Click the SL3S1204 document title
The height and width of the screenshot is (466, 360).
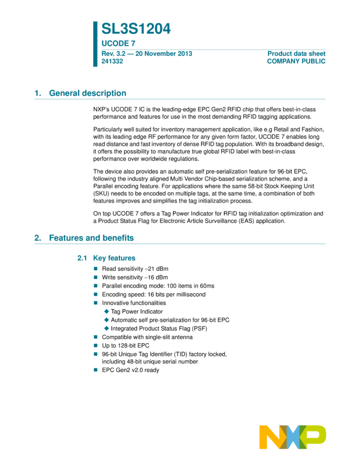tap(136, 29)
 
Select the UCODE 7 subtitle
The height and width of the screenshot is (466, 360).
tap(118, 43)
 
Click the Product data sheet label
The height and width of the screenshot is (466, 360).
tap(296, 53)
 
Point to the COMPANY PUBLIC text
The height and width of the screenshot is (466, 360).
tap(296, 61)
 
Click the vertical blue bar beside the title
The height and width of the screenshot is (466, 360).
tap(95, 44)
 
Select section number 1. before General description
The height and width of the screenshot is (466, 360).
tap(37, 93)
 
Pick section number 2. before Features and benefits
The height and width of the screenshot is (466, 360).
tap(37, 238)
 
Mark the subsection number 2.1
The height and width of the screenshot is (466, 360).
tap(82, 258)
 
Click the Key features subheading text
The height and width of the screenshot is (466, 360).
tap(114, 258)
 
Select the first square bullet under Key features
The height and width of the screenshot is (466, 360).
tap(95, 269)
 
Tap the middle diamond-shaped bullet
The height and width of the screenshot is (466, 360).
tap(106, 320)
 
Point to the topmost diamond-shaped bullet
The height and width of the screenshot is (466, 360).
tap(106, 311)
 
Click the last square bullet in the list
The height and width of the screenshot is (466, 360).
tap(95, 370)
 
